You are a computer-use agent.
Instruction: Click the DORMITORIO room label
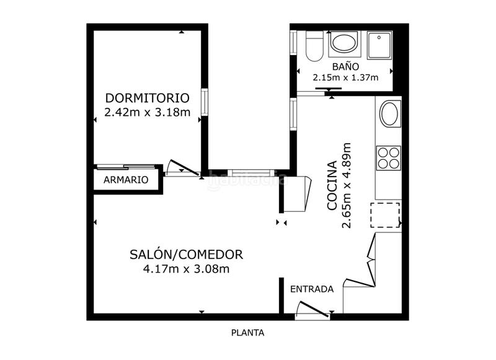(147, 98)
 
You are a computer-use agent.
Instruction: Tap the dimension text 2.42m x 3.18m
(147, 113)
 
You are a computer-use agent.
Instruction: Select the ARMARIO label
(126, 180)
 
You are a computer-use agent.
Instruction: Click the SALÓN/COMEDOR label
(186, 254)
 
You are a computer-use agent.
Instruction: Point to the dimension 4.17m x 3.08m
(186, 269)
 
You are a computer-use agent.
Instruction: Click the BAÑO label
(345, 66)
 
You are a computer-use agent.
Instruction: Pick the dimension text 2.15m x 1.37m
(345, 78)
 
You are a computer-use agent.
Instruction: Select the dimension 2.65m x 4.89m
(347, 186)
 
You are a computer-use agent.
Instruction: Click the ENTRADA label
(312, 289)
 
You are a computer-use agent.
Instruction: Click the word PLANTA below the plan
(247, 333)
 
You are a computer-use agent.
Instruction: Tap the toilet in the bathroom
(314, 47)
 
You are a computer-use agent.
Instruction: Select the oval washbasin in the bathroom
(343, 43)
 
